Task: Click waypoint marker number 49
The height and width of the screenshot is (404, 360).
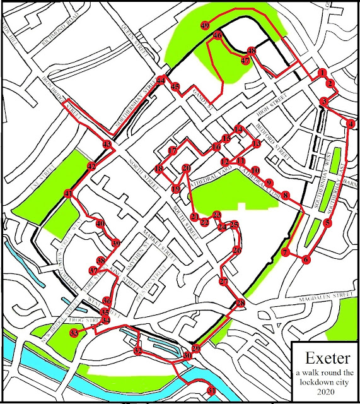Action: tap(205, 25)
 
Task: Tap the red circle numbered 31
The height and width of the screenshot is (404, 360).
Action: tap(211, 392)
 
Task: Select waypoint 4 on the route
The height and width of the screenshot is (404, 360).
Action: tap(351, 124)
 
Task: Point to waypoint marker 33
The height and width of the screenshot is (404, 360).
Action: tap(74, 333)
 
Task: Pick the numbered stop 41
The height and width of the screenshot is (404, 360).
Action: tap(68, 194)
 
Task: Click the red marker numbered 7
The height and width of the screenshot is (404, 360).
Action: tap(286, 252)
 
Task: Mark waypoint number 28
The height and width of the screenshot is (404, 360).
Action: tap(240, 304)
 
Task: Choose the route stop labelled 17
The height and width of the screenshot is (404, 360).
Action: tap(173, 151)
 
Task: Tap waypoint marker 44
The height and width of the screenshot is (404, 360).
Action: tap(161, 80)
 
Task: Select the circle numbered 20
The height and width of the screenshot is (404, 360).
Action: tap(186, 169)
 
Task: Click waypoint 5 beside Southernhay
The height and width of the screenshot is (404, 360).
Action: tap(327, 222)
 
